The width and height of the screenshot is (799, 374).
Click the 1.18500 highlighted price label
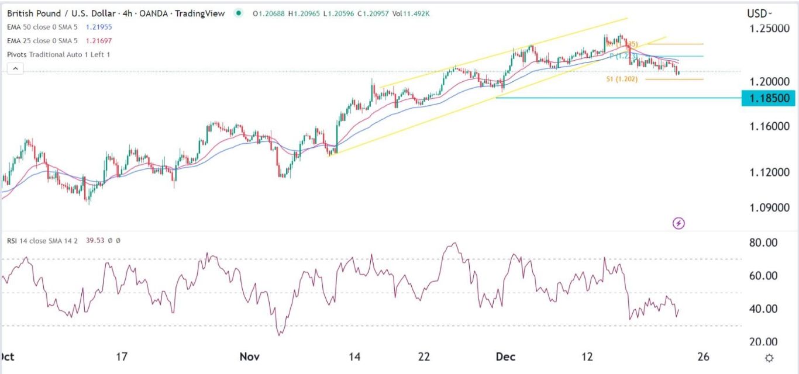click(768, 98)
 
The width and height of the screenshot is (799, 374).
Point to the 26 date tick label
click(704, 356)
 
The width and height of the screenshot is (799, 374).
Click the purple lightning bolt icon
click(679, 223)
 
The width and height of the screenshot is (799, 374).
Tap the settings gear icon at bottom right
click(770, 358)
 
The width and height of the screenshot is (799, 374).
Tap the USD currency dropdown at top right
click(759, 13)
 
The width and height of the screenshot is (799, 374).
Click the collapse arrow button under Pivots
click(15, 68)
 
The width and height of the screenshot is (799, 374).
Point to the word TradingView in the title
click(203, 13)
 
